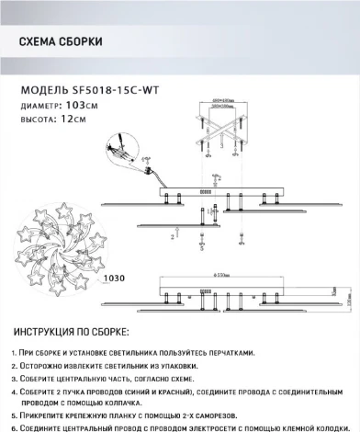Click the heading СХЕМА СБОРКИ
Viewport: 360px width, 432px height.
(x=61, y=42)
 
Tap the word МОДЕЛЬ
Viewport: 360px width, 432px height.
(x=42, y=90)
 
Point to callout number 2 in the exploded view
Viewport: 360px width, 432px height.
(x=172, y=235)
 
